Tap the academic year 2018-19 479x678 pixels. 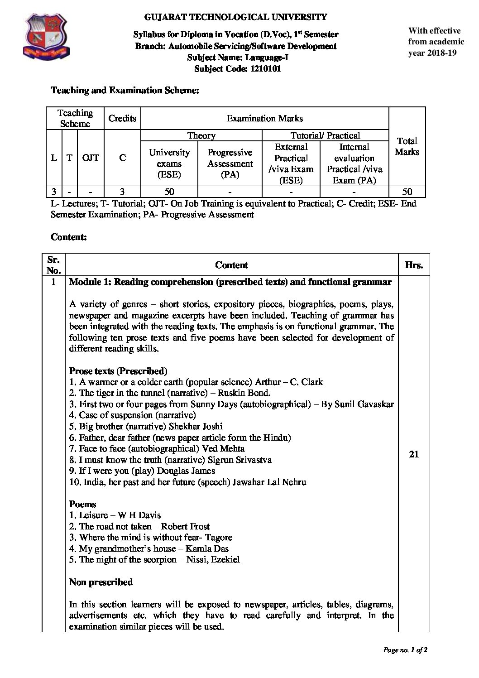(439, 53)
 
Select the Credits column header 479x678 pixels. (122, 118)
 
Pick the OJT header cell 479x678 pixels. (91, 158)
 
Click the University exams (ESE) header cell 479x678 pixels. (169, 163)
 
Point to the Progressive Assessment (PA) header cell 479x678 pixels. (230, 163)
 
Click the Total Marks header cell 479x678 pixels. (407, 146)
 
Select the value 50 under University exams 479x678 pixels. (169, 191)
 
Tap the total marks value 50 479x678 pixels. (407, 191)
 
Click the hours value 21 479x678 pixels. (413, 454)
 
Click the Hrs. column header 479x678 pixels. (414, 265)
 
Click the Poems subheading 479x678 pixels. (82, 504)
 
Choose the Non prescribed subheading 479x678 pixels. (101, 582)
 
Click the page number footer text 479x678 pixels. (405, 650)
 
